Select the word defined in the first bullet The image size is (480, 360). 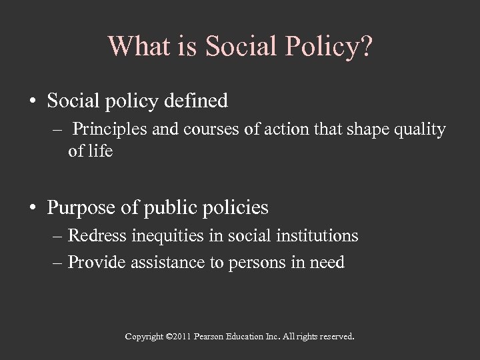point(199,101)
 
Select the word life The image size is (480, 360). point(99,151)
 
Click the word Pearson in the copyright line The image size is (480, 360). point(210,337)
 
